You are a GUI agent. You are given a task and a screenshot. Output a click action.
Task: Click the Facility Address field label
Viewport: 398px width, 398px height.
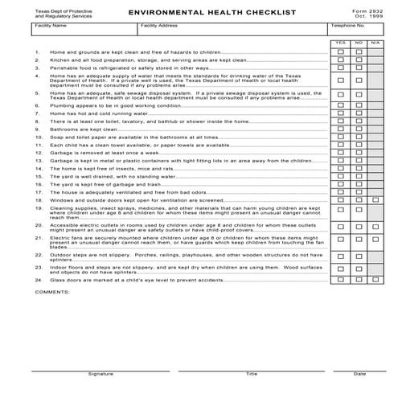[158, 26]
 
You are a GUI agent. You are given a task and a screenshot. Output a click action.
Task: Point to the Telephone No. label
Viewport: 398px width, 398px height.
[346, 26]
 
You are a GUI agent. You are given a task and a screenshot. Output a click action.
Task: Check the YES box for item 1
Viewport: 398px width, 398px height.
[340, 52]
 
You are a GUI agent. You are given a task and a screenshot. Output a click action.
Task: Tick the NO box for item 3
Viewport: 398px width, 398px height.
[359, 68]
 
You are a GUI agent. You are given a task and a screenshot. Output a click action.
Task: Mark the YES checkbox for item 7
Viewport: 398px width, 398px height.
[340, 113]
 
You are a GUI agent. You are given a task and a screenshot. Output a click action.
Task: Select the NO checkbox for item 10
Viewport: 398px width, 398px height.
[359, 137]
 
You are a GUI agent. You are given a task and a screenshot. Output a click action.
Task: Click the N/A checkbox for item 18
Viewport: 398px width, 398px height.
[376, 199]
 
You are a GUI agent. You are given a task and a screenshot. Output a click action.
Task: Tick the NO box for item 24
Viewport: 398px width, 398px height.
[359, 280]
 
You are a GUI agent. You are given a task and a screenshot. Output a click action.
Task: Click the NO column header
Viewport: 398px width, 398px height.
[359, 43]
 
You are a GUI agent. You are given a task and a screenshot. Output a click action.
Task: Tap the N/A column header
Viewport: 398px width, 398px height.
[376, 43]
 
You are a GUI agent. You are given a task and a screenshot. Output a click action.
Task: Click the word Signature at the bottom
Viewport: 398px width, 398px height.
[101, 374]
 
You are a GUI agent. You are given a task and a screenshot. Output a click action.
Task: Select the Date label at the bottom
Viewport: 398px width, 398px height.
[359, 374]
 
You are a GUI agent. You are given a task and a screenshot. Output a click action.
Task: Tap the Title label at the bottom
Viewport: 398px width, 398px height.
[252, 374]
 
